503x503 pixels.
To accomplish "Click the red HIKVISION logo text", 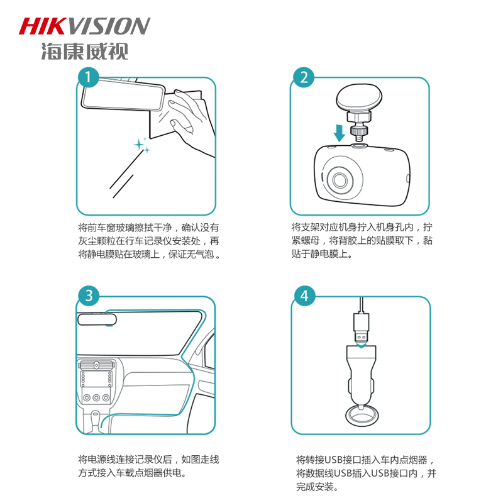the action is click(x=84, y=26).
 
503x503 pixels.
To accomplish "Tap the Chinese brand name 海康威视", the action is click(x=85, y=52).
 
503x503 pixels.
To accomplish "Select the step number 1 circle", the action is click(x=88, y=77).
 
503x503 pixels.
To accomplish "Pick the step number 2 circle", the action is click(x=304, y=77).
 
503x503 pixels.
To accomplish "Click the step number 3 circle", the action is click(x=89, y=296).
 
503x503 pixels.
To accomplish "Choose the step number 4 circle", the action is click(x=305, y=296).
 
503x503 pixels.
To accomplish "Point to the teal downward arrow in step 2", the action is click(x=339, y=133).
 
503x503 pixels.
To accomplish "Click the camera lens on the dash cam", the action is click(x=340, y=180).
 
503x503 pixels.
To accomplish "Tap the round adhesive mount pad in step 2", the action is click(x=359, y=97).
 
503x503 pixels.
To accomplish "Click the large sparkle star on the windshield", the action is click(x=139, y=145).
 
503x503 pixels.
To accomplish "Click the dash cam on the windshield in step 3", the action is click(x=97, y=319).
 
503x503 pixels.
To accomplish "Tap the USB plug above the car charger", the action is click(x=362, y=328).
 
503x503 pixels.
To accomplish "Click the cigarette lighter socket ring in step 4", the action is click(x=362, y=416).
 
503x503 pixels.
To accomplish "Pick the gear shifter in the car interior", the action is click(x=95, y=421).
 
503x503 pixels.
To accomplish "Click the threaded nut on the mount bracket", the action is click(x=358, y=131).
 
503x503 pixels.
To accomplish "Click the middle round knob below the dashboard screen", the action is click(x=96, y=398).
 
